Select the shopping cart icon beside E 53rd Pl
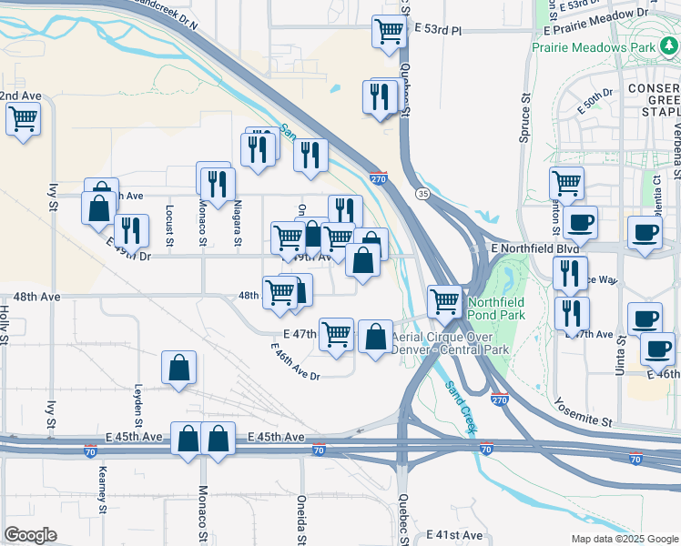click(389, 31)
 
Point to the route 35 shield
click(422, 194)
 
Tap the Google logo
click(30, 534)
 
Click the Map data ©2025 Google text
click(625, 539)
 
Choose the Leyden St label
click(139, 406)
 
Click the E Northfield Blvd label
click(534, 248)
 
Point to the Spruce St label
click(525, 119)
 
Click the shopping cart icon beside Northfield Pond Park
click(444, 300)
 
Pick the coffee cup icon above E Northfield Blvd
click(579, 222)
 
